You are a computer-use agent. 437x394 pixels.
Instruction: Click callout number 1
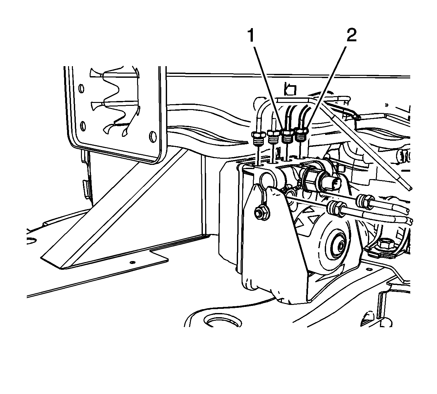tap(251, 36)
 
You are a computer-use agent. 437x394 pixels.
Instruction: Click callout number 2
tap(352, 35)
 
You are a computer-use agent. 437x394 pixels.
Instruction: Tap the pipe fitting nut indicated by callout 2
tap(302, 135)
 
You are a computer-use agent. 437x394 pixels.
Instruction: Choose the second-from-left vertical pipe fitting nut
tap(273, 136)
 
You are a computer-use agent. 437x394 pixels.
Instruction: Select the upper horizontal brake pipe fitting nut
tap(365, 200)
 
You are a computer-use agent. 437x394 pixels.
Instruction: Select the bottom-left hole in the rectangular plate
tap(83, 126)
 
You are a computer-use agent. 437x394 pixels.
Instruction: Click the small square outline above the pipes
tap(290, 89)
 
